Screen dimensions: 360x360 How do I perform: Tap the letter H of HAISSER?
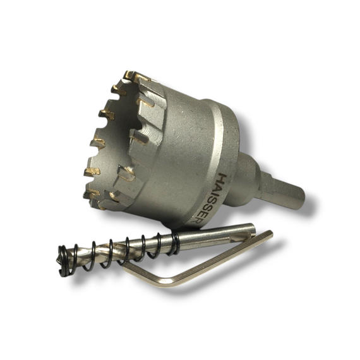(x=223, y=178)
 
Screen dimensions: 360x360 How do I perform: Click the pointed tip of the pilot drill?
(x=57, y=261)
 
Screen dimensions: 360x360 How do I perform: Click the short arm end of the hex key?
(x=124, y=266)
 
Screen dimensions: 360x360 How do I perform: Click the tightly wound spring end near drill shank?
(x=175, y=244)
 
